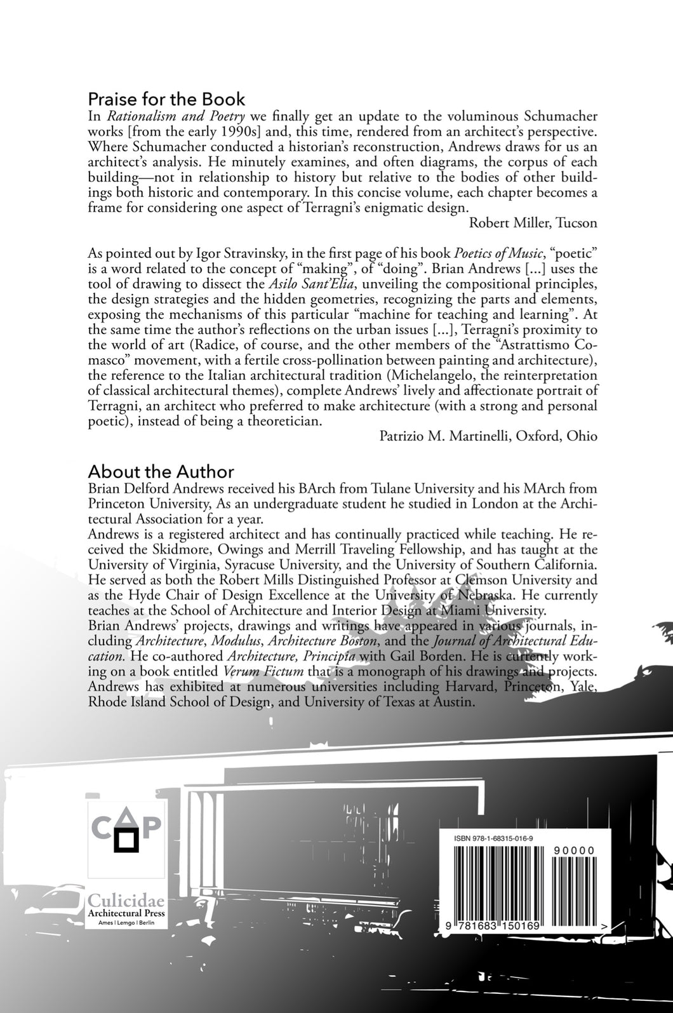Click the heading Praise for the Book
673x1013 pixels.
[x=166, y=99]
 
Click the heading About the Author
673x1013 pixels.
[x=161, y=472]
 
